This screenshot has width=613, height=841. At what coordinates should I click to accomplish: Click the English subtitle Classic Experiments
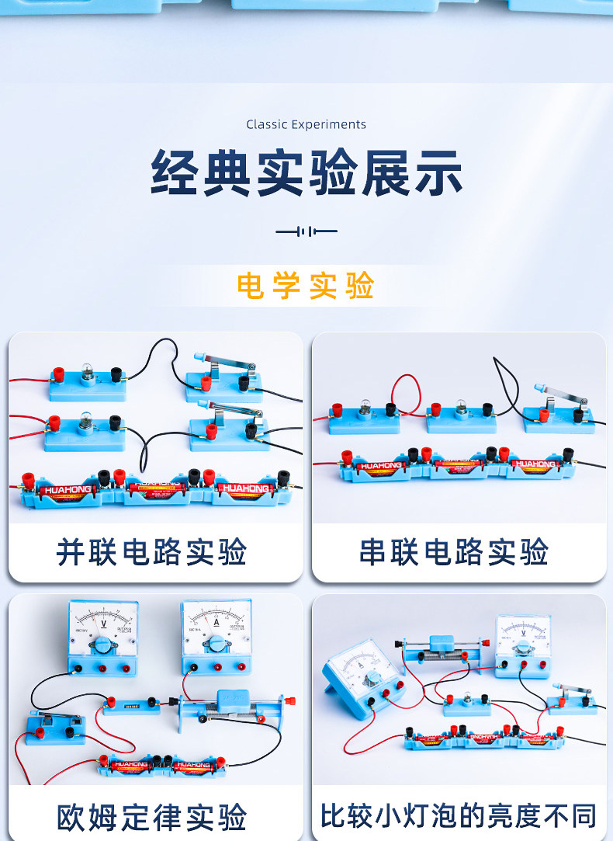click(x=306, y=124)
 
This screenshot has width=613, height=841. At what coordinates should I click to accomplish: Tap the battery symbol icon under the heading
click(x=306, y=231)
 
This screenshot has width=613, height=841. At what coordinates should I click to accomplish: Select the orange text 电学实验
click(x=306, y=286)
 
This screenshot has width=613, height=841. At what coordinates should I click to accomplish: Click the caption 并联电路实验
click(x=152, y=552)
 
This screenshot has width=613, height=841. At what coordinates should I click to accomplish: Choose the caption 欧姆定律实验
click(x=152, y=817)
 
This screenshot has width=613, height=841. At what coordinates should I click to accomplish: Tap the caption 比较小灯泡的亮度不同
click(x=459, y=816)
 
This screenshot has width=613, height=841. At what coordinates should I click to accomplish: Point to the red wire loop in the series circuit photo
click(x=407, y=391)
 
